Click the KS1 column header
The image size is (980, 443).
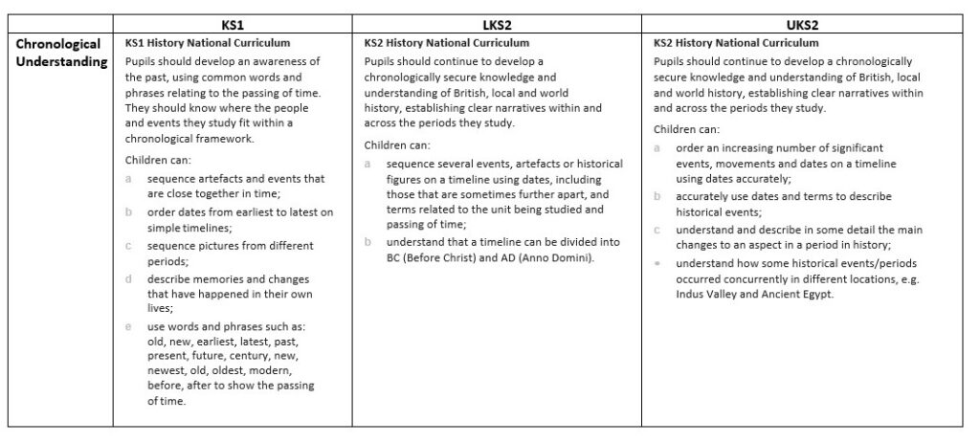pos(233,25)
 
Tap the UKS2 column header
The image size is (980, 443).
pos(804,25)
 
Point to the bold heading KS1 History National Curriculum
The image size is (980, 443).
pos(208,43)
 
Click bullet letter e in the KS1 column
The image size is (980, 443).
pos(128,326)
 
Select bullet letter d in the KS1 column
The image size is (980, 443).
pos(128,278)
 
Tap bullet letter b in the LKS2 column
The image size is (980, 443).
pos(367,242)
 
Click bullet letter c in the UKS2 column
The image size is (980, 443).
pos(657,231)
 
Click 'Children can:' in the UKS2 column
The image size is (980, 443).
pos(687,129)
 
